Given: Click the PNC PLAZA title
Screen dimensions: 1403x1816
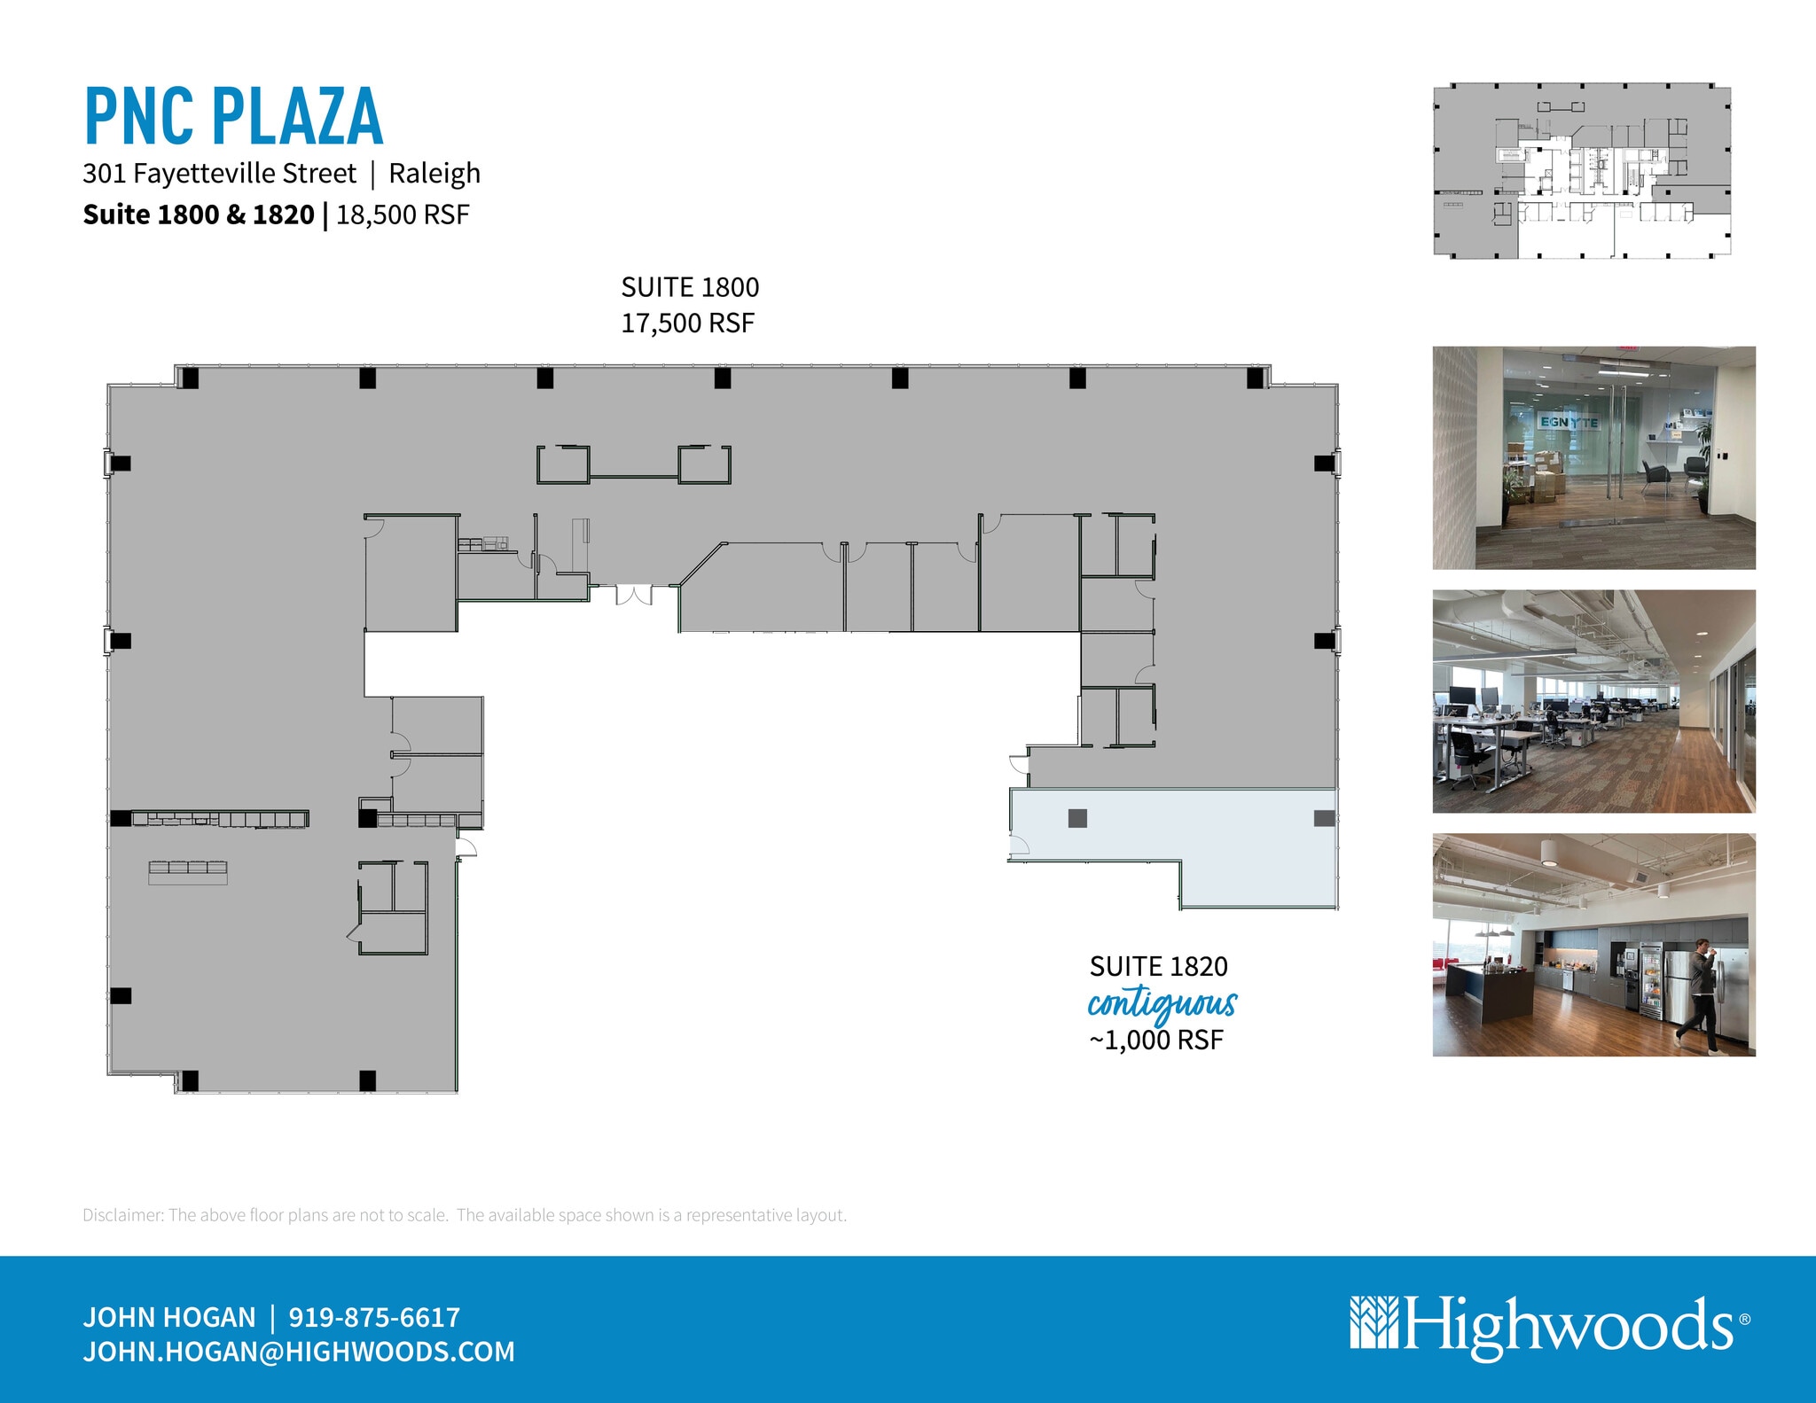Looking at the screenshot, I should (x=233, y=116).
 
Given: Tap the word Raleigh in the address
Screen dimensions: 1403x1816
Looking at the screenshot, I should (x=434, y=174).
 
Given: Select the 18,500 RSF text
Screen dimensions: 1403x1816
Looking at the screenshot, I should (x=403, y=215).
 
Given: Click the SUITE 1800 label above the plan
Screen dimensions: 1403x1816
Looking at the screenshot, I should (x=690, y=287).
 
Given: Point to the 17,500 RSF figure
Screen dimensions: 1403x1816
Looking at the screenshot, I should (x=687, y=323).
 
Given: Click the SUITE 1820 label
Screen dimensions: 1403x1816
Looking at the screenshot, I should (x=1158, y=966).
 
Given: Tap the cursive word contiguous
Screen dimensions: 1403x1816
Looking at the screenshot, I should (x=1162, y=1004).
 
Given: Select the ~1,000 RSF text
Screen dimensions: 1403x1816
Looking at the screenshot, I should (x=1156, y=1040).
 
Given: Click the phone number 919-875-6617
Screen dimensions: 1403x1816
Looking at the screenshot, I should (x=374, y=1317).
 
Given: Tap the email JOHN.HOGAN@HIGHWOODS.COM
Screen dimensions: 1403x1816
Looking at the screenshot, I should (x=299, y=1352).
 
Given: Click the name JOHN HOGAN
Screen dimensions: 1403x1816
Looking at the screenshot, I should (x=169, y=1317).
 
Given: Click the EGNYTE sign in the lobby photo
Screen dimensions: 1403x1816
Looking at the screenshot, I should (x=1569, y=422).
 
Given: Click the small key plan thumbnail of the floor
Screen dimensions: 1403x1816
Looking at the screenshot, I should (x=1582, y=171).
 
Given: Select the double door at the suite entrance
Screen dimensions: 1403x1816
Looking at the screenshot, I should (x=633, y=594).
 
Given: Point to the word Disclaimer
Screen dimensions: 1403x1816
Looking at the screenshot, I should (x=122, y=1215).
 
